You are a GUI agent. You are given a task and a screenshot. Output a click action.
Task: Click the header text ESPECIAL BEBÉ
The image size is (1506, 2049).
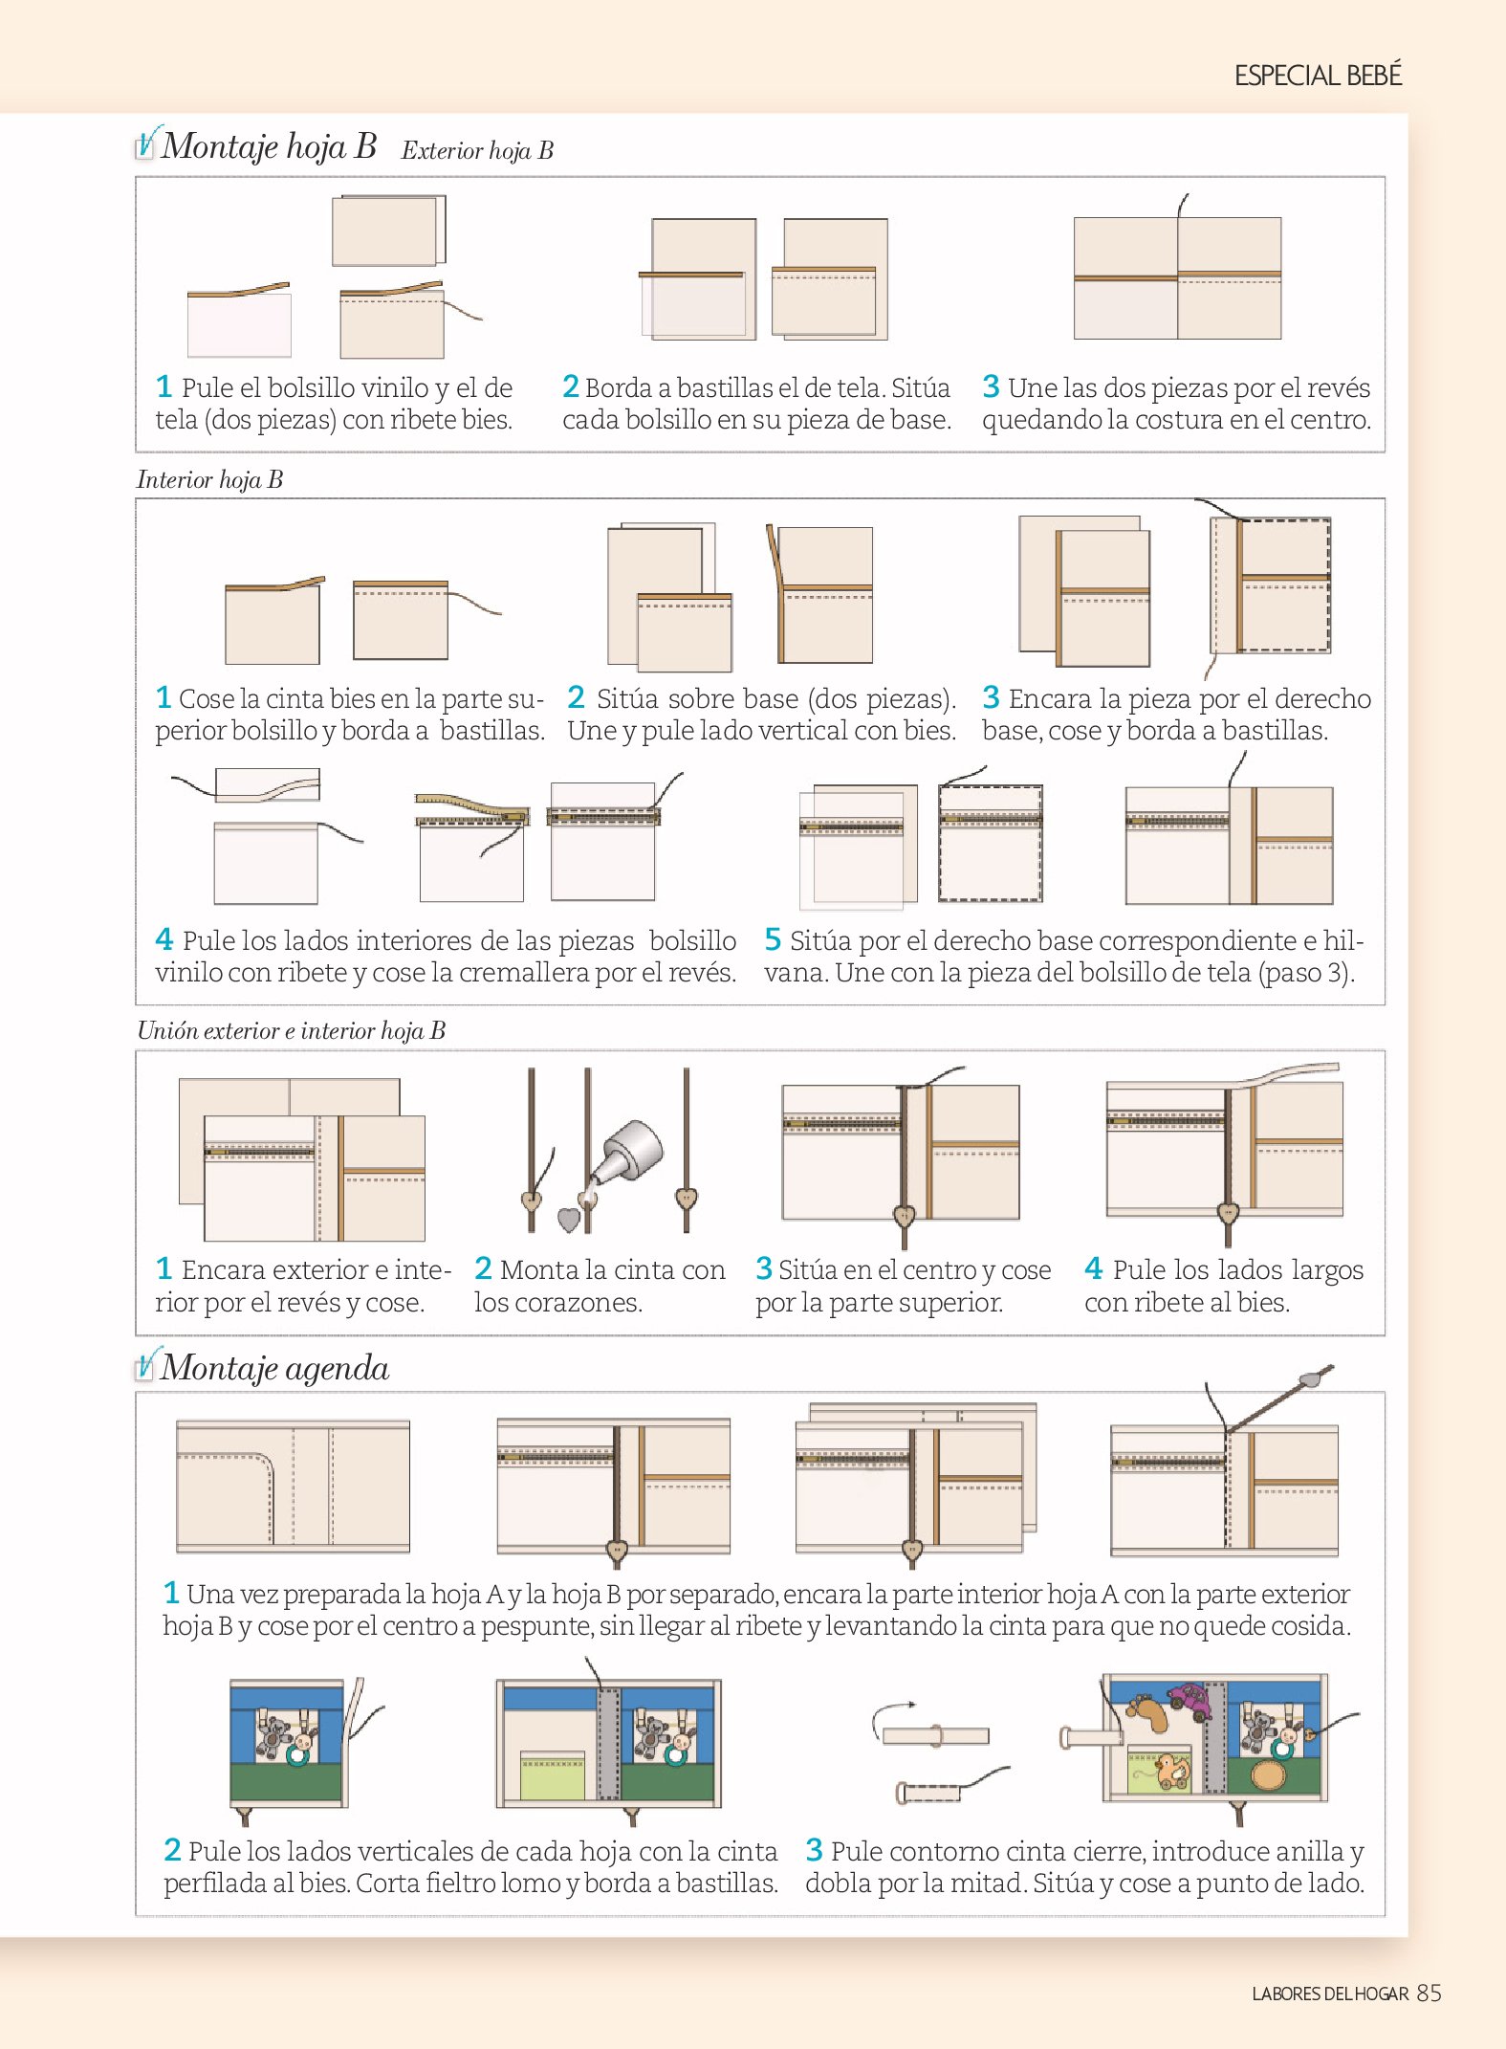click(x=1318, y=75)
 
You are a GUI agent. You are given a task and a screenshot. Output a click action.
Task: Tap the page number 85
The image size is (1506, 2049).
click(x=1429, y=1993)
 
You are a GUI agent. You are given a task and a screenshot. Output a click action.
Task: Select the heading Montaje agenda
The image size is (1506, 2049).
click(x=275, y=1369)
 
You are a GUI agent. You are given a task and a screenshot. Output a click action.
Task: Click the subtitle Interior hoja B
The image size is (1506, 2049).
click(x=209, y=479)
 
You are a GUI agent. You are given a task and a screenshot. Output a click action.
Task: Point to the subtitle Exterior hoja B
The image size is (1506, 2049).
click(x=477, y=150)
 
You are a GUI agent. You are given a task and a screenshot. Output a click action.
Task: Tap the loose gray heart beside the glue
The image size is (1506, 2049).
click(x=569, y=1220)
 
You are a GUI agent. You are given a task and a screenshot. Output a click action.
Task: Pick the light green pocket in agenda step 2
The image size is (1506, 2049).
click(x=552, y=1776)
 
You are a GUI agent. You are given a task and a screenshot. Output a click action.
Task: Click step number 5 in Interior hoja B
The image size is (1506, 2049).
click(x=773, y=939)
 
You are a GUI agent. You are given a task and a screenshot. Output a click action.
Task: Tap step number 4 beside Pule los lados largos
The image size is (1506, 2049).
click(x=1094, y=1268)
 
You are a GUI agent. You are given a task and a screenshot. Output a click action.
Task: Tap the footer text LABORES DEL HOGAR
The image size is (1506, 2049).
click(x=1330, y=1994)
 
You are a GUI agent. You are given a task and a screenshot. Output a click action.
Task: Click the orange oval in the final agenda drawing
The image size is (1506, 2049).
click(x=1269, y=1774)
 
